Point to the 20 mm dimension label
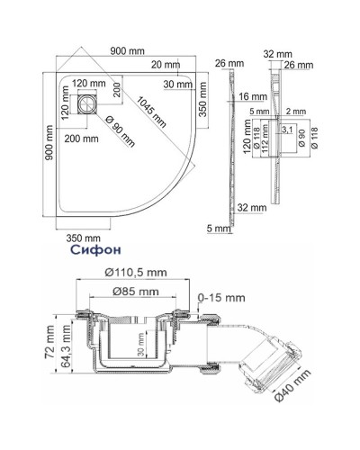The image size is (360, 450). [165, 64]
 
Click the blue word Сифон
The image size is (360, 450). [88, 244]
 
